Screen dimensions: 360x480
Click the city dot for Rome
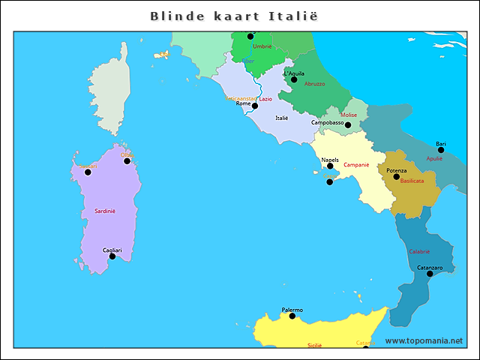coord(255,106)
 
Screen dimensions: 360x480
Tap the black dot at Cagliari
coord(112,256)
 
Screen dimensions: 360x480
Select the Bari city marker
coord(441,150)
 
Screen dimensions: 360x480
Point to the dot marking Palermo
coord(292,316)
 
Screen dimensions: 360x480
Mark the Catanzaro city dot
coord(430,274)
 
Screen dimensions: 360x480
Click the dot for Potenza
coord(397,176)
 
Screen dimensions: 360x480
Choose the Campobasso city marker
coord(348,125)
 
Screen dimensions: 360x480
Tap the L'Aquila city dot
coord(294,79)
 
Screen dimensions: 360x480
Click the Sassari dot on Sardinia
coord(88,172)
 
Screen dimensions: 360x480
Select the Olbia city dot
coord(127,161)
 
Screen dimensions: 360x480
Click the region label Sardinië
coord(105,211)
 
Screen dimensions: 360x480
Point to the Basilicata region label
coord(412,181)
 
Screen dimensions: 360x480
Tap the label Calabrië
coord(419,251)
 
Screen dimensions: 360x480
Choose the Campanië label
coord(356,164)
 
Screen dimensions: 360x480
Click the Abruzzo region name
coord(315,84)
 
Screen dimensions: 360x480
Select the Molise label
coord(349,115)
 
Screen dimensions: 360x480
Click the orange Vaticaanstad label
coord(241,98)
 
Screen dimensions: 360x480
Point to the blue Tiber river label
coord(247,61)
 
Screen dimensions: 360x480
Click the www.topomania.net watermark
coord(424,340)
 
